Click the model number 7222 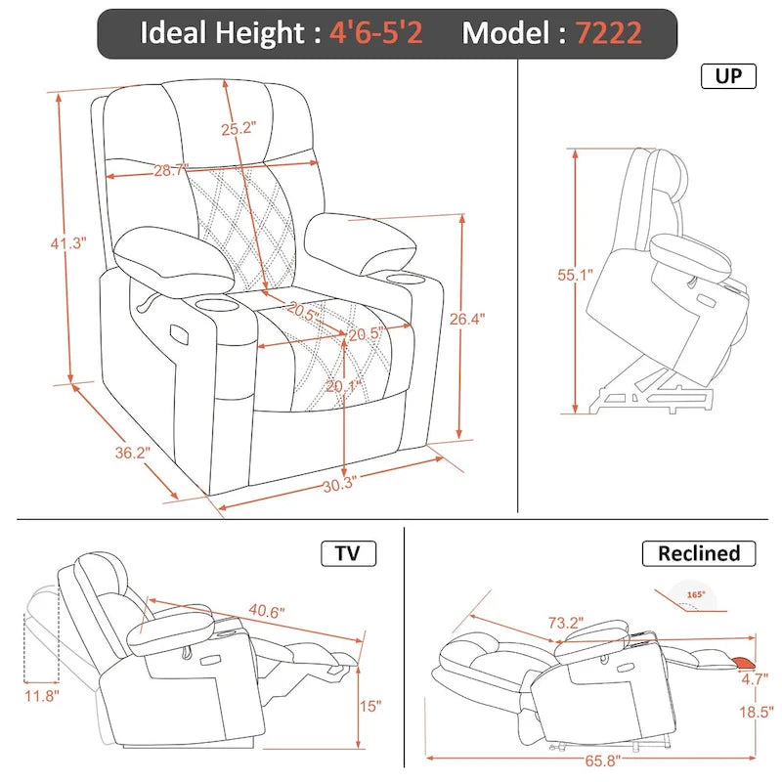(608, 33)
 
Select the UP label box (728, 76)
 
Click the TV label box (348, 553)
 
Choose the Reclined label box (699, 553)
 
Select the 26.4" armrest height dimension (468, 319)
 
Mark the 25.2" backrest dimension (237, 127)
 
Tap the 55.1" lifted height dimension (571, 277)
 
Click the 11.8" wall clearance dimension (42, 696)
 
